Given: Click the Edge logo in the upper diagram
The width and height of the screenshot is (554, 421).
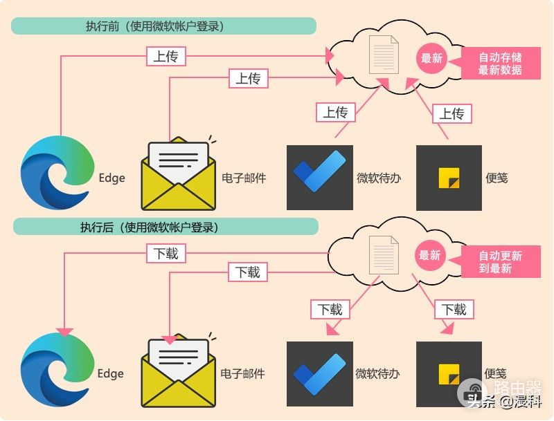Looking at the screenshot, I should (x=57, y=174).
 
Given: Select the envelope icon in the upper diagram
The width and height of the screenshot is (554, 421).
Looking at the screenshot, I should (x=179, y=176).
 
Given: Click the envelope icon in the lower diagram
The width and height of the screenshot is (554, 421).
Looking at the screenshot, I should (x=179, y=373).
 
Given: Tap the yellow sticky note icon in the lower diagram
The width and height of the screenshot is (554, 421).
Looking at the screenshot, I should (x=449, y=374).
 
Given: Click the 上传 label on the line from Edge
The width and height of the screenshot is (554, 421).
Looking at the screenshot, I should (x=166, y=57).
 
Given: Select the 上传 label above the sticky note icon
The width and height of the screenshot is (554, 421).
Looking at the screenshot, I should (x=452, y=113).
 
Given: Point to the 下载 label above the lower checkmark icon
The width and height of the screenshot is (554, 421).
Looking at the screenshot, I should (x=330, y=309).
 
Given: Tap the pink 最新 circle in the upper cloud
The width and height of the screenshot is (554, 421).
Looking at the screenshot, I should (x=431, y=58).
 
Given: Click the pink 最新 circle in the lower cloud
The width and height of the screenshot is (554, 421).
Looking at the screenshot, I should (x=430, y=255).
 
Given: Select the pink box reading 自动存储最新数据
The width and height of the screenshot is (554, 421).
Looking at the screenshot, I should (x=500, y=64).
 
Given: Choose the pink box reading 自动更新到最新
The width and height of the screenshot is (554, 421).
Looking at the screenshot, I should (x=500, y=262).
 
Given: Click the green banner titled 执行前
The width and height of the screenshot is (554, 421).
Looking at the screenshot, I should (x=164, y=26).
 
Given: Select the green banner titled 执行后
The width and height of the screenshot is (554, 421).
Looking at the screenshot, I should (x=165, y=227).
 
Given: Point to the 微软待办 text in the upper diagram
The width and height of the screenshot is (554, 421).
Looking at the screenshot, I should (x=378, y=178).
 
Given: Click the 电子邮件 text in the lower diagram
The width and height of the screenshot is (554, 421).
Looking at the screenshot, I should (x=242, y=374).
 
